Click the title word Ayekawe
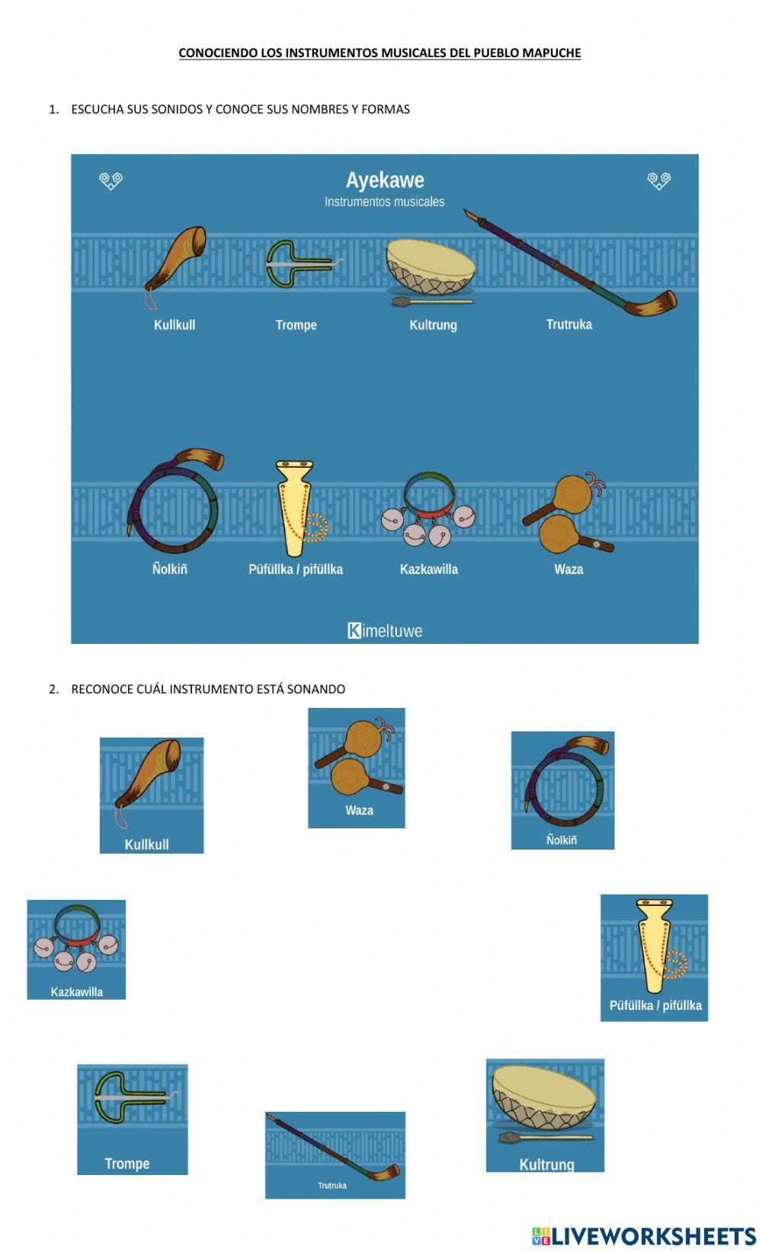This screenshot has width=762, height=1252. (x=385, y=181)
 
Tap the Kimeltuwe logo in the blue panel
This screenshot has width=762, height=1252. (x=385, y=631)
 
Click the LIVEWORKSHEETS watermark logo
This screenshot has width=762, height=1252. (x=644, y=1236)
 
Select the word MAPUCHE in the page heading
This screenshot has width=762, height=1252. (x=553, y=53)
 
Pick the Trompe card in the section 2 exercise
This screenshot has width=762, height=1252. (x=132, y=1119)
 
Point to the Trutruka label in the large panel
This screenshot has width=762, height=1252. (x=568, y=325)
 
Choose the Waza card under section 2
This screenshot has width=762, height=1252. (x=356, y=767)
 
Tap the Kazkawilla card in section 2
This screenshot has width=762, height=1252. (x=76, y=949)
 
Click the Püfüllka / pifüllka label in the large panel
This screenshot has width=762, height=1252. (x=296, y=569)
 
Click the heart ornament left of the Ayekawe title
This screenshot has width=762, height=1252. (x=111, y=181)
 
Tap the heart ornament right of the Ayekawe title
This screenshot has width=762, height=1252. (x=658, y=181)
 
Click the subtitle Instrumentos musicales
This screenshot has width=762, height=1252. (x=384, y=202)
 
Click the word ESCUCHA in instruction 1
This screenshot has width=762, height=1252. (x=98, y=109)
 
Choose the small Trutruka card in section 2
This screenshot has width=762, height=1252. (x=335, y=1154)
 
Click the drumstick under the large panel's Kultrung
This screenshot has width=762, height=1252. (x=431, y=302)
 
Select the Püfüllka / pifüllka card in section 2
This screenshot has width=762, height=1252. (x=654, y=957)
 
